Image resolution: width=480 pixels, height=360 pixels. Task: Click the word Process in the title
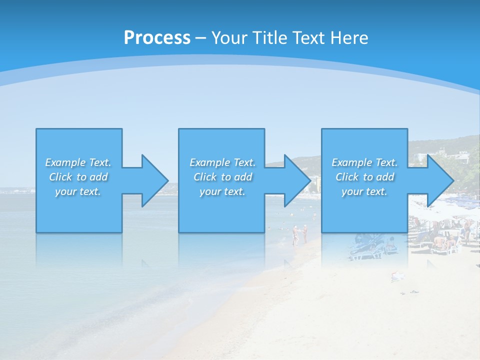pos(157,38)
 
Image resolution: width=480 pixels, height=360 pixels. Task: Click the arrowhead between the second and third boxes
pos(296,180)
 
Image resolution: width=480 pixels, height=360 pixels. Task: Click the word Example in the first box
pos(65,162)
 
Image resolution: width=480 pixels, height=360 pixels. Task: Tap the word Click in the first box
pos(60,177)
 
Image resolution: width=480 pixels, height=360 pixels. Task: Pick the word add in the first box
pos(98,177)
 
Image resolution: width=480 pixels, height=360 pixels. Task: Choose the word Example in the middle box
pos(210,162)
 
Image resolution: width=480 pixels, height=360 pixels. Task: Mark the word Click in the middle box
pos(205,177)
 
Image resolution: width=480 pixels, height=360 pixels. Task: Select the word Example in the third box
pos(352,162)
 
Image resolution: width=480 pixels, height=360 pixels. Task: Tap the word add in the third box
pos(385,177)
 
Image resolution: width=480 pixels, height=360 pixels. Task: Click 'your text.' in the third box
pos(364,191)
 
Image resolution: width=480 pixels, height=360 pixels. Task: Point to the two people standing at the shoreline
pos(299,234)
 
